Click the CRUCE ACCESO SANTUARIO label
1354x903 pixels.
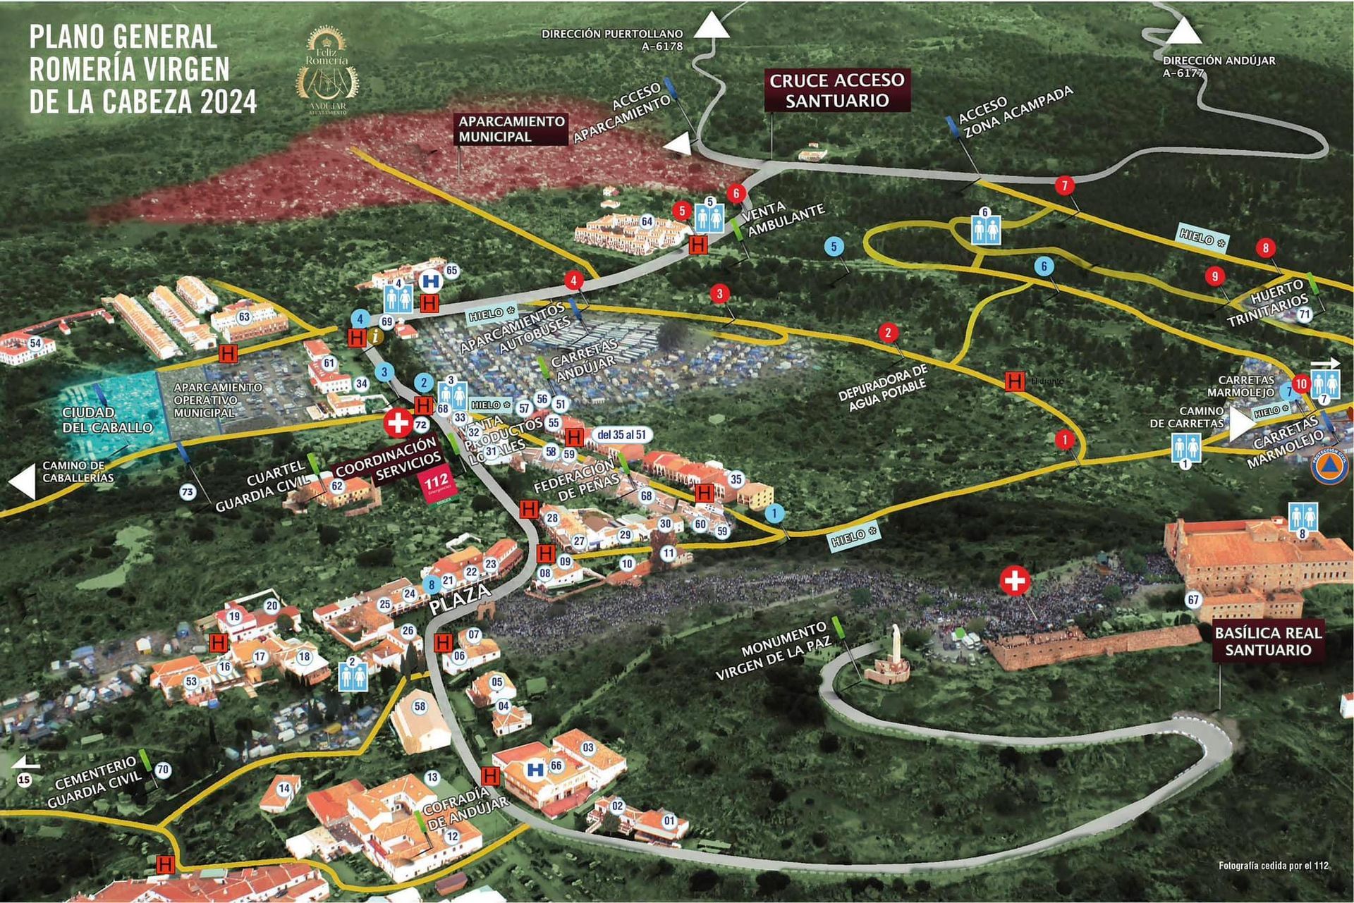pyautogui.click(x=837, y=90)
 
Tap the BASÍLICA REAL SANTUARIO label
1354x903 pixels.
pyautogui.click(x=1267, y=641)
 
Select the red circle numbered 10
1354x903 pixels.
pyautogui.click(x=1301, y=384)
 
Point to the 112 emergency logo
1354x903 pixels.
pyautogui.click(x=437, y=484)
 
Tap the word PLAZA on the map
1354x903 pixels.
pyautogui.click(x=460, y=598)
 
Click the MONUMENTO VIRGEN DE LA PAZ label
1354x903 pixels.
pyautogui.click(x=773, y=650)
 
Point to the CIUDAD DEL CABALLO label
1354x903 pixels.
pyautogui.click(x=107, y=419)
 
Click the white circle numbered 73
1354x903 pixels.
pyautogui.click(x=188, y=492)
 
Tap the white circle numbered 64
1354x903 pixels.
pyautogui.click(x=647, y=221)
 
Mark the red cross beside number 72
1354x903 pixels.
pyautogui.click(x=398, y=423)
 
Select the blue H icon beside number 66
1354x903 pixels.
pyautogui.click(x=535, y=769)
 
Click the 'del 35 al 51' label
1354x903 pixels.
pyautogui.click(x=621, y=435)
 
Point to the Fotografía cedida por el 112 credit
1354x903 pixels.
pyautogui.click(x=1273, y=866)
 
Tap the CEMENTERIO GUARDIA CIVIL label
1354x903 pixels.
pyautogui.click(x=96, y=782)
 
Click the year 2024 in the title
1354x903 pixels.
pyautogui.click(x=228, y=102)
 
